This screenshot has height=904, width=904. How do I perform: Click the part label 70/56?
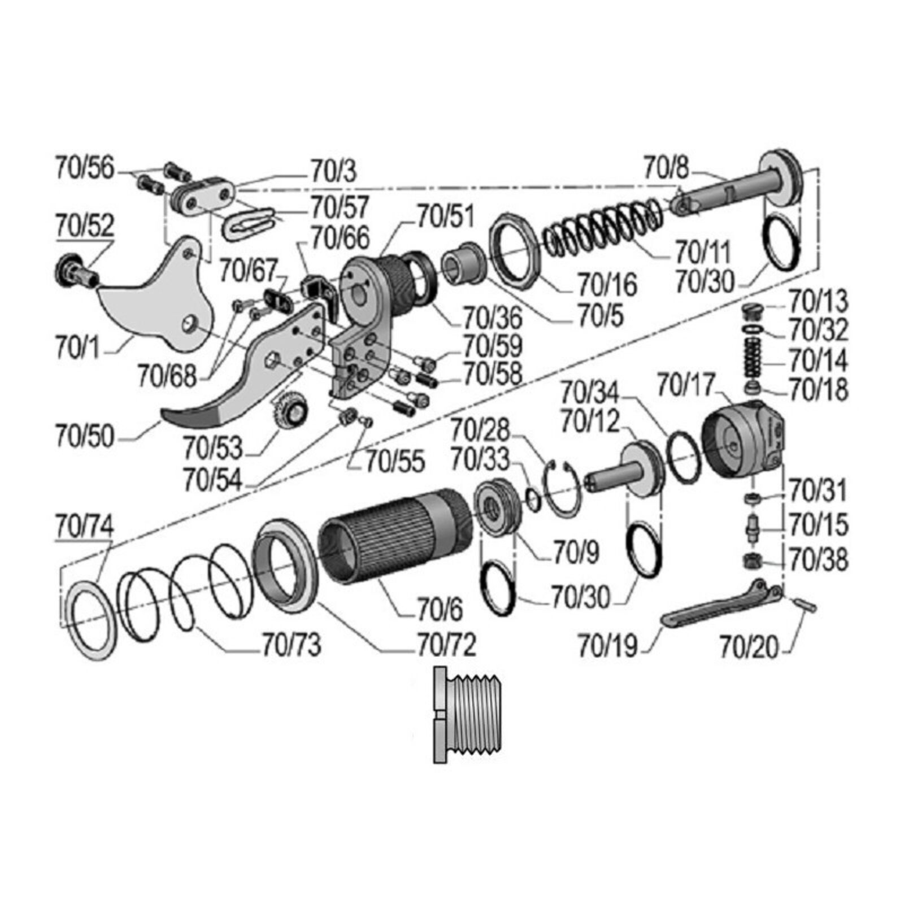[85, 168]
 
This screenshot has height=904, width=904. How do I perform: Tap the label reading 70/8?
[666, 168]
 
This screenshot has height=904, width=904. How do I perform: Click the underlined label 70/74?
[84, 525]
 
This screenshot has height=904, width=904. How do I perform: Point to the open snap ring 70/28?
[563, 489]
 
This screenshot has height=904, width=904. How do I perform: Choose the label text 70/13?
[818, 301]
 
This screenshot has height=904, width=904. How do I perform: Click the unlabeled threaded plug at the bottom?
[466, 715]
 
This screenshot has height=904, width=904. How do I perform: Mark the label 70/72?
[446, 644]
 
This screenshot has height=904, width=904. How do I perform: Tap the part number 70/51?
[446, 216]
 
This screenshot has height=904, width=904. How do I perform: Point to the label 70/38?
[818, 560]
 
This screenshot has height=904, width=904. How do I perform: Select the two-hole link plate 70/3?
[203, 195]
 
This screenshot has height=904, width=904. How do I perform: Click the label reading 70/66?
[340, 238]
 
